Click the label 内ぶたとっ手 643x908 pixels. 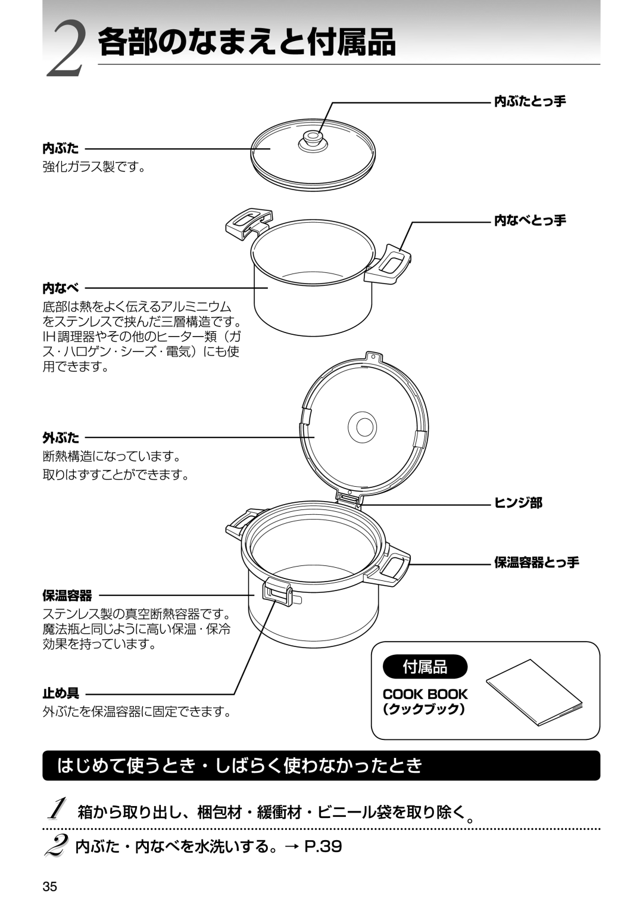click(x=530, y=101)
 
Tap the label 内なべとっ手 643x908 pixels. click(x=530, y=220)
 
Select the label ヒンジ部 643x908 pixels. click(x=518, y=503)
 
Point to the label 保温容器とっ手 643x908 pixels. click(x=536, y=562)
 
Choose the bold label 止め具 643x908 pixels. click(x=61, y=694)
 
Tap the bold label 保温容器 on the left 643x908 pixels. click(x=67, y=595)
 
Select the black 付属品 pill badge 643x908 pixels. click(x=425, y=667)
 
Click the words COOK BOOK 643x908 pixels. click(x=425, y=694)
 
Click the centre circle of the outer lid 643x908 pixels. click(x=362, y=427)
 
